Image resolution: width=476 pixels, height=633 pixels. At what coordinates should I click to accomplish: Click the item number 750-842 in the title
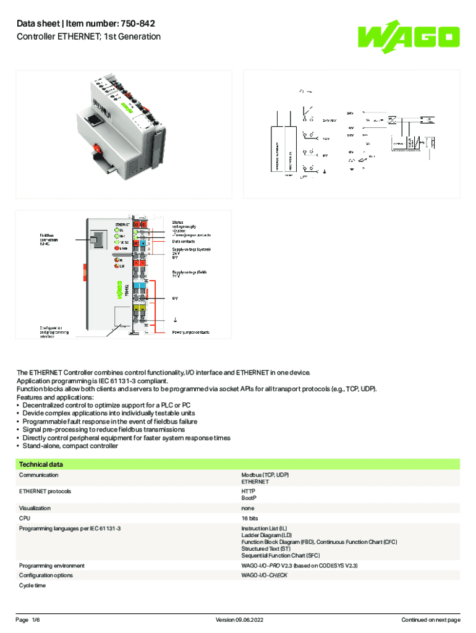pos(135,23)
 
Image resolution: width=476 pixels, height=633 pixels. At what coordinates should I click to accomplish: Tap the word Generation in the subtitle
pos(138,36)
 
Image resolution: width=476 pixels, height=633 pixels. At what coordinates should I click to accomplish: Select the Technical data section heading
pos(41,464)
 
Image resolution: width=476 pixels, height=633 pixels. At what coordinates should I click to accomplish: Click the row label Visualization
pos(35,508)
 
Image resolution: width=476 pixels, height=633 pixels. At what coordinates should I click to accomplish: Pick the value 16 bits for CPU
pos(250,517)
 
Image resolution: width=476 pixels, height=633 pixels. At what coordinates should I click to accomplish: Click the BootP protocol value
pos(249,498)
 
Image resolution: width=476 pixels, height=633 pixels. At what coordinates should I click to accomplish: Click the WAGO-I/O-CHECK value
pos(264,576)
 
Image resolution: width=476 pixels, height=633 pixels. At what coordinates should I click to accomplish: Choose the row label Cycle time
pos(32,585)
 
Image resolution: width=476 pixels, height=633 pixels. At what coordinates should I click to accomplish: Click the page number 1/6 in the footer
pos(36,620)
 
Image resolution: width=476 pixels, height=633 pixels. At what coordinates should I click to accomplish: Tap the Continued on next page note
pos(431,620)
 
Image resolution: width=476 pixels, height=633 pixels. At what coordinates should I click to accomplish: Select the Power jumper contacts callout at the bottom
pos(190,333)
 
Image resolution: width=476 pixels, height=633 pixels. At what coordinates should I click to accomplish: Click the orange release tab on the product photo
pos(97,149)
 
